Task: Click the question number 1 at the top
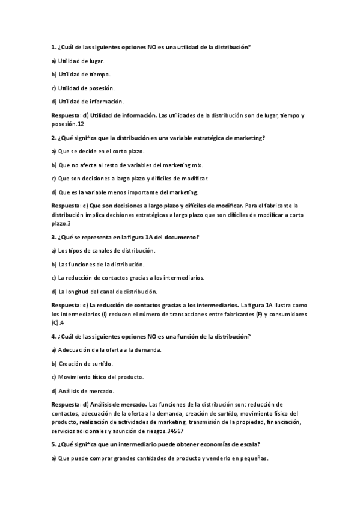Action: pos(54,47)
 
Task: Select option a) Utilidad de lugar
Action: pos(78,61)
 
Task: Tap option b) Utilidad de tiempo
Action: pos(81,74)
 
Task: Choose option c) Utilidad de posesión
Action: pos(83,88)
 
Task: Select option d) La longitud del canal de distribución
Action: pos(105,292)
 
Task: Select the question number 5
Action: pos(54,444)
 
